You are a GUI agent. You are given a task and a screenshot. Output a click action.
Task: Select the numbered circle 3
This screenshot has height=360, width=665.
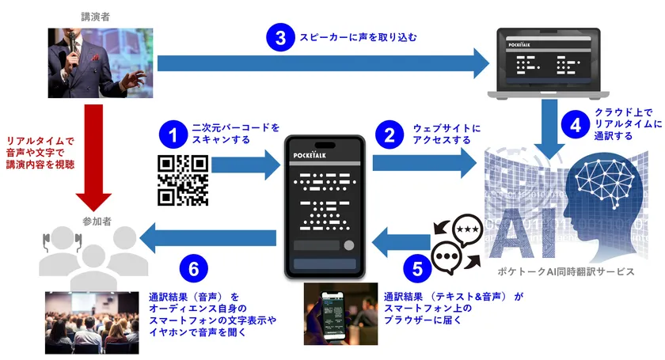point(279,37)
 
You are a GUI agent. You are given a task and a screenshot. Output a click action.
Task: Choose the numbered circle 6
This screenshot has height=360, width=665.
point(193,270)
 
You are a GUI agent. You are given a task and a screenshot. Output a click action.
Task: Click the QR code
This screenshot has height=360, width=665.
point(183,180)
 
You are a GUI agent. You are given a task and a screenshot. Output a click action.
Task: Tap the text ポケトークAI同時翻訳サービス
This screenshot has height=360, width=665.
point(568,271)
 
